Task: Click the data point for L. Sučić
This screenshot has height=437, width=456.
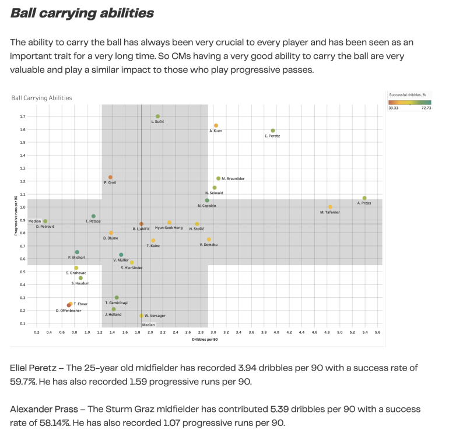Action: [x=158, y=117]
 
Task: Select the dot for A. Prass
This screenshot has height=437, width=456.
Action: [x=364, y=198]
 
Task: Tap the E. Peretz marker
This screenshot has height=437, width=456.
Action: [x=273, y=131]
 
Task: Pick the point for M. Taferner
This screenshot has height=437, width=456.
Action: [x=330, y=207]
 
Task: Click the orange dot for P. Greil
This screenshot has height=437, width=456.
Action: [x=110, y=177]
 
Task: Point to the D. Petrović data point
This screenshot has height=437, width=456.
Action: [x=45, y=221]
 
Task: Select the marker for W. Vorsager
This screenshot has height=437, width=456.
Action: [x=141, y=316]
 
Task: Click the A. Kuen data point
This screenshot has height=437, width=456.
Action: [x=216, y=125]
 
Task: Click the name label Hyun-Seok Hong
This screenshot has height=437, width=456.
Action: [x=169, y=228]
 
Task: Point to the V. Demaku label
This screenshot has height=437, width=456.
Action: [x=208, y=245]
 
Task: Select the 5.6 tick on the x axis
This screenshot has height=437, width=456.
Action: [x=377, y=332]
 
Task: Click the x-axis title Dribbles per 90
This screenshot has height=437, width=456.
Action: [x=205, y=339]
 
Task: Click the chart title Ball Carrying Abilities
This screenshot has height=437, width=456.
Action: [x=41, y=98]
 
